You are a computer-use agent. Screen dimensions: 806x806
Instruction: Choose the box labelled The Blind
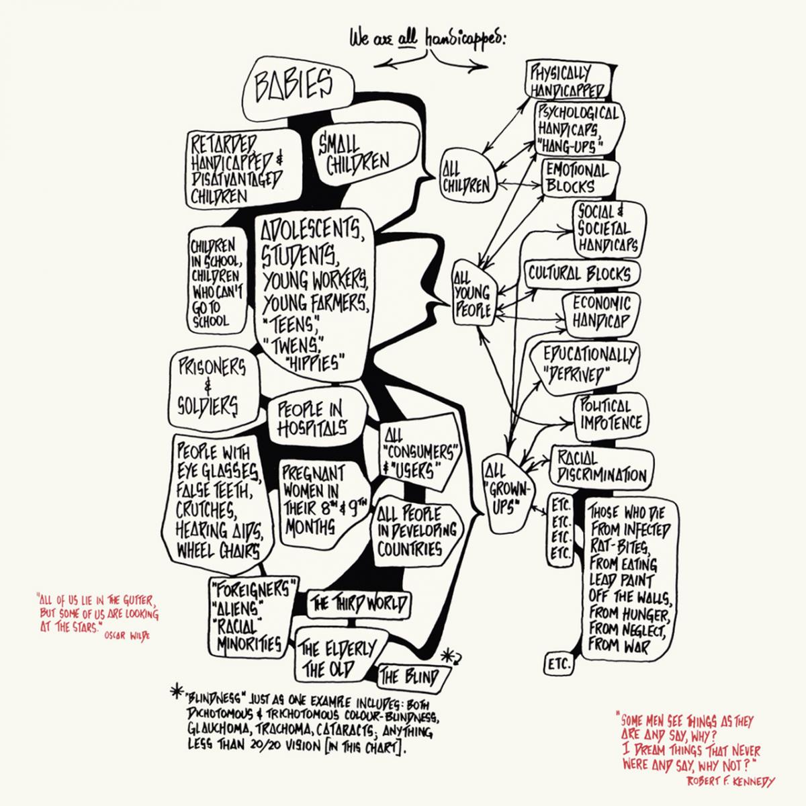coord(410,676)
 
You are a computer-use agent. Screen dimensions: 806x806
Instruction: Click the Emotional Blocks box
coord(576,177)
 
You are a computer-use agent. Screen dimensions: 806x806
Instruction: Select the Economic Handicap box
coord(601,313)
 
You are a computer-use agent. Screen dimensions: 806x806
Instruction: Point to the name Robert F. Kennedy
coord(730,781)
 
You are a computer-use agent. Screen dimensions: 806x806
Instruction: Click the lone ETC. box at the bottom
coord(558,665)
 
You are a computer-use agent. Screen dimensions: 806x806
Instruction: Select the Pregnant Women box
coord(320,498)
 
